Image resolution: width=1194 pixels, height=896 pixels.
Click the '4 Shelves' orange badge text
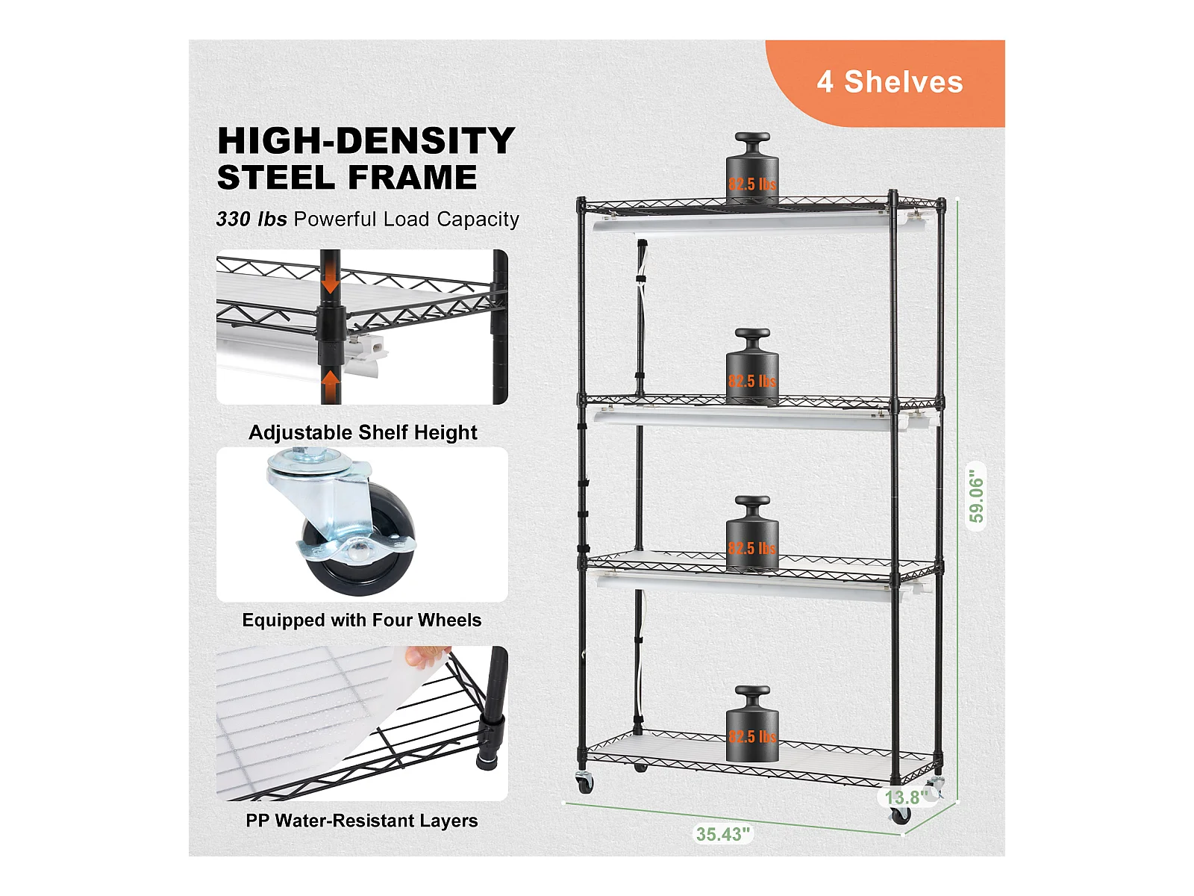890,82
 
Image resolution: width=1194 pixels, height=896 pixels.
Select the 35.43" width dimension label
723,834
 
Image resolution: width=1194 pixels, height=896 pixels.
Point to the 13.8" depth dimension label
906,797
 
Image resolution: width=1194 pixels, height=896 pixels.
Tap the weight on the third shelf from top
752,533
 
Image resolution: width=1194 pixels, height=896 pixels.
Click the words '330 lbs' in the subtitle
251,219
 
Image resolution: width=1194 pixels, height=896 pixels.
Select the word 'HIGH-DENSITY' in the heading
366,141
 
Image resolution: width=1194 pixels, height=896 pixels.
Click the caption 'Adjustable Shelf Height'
363,432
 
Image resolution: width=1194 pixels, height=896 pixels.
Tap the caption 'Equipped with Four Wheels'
362,620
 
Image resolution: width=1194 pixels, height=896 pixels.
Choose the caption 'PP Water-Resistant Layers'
362,821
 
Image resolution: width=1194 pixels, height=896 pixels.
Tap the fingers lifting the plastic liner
428,656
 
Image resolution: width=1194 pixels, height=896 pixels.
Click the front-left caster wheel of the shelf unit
585,783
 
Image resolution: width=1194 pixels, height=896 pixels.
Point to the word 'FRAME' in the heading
413,178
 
